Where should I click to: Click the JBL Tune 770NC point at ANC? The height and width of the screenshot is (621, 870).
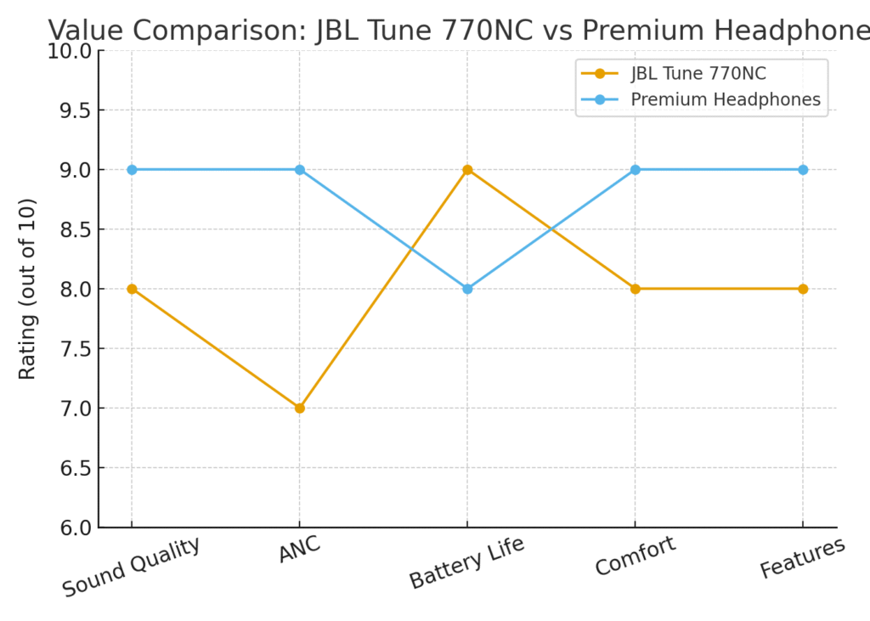(x=299, y=408)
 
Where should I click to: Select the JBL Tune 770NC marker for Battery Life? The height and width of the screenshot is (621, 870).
(x=467, y=170)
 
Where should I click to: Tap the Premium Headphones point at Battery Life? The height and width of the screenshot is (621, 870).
(x=467, y=289)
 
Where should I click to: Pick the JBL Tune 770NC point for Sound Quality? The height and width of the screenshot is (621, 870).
(x=132, y=289)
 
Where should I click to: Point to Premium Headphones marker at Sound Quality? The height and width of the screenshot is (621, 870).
(x=132, y=170)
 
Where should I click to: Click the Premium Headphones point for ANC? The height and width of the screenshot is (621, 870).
(x=299, y=170)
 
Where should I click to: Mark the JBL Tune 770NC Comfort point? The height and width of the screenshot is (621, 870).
(x=635, y=289)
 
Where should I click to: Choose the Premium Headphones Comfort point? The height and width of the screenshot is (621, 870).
(x=635, y=170)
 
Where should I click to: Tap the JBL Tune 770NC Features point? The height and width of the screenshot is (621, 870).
(x=803, y=289)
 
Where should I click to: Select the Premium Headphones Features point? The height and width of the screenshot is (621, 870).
(x=803, y=170)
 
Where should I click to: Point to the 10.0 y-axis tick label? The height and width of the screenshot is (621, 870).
(x=70, y=51)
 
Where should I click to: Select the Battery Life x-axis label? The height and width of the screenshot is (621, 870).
(x=466, y=562)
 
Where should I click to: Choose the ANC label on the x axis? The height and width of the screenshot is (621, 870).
(x=300, y=550)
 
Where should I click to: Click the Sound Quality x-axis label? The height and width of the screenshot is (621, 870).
(x=132, y=567)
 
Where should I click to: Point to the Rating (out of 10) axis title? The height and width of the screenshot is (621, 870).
(x=28, y=289)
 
